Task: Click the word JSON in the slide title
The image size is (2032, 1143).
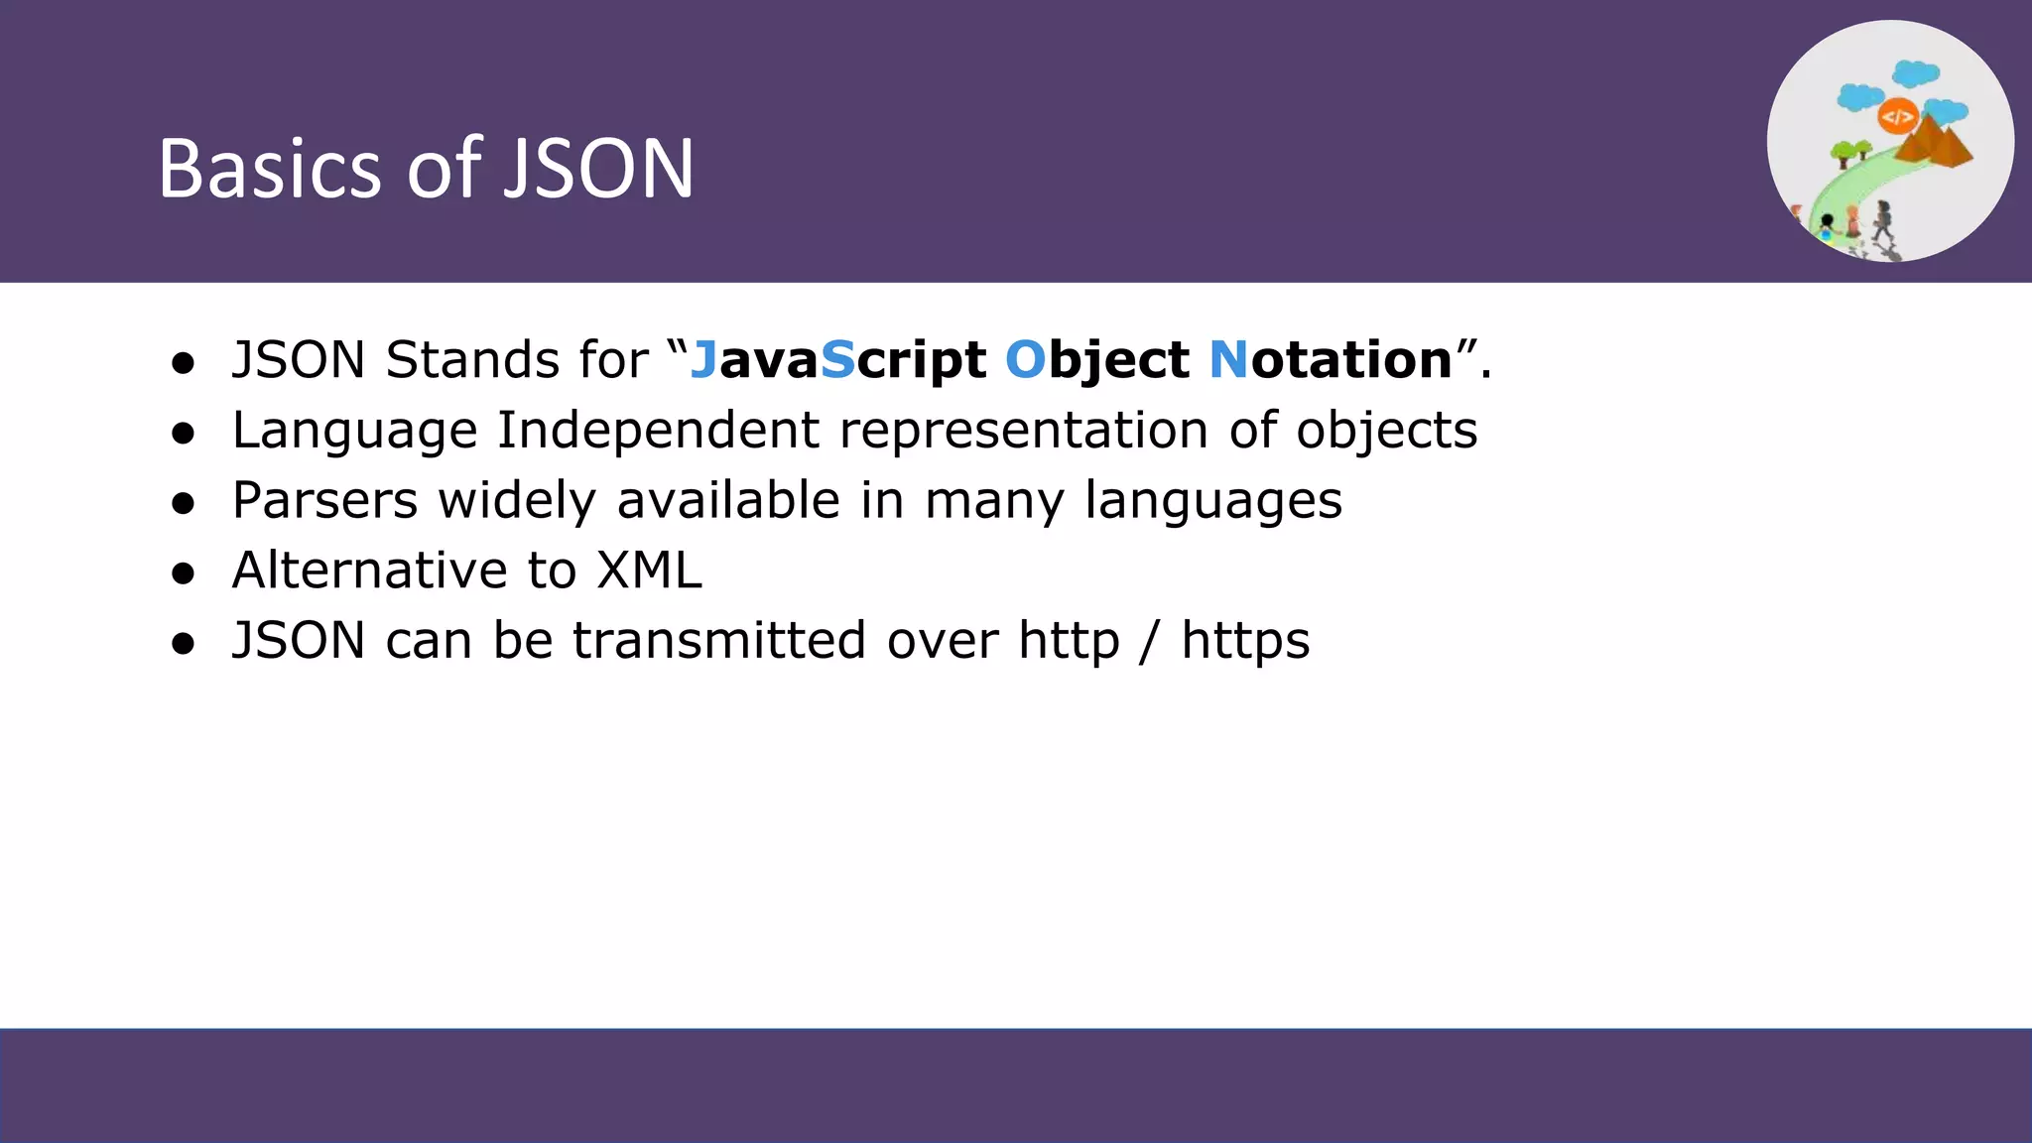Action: (x=599, y=169)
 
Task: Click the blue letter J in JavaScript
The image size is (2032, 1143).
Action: (x=703, y=360)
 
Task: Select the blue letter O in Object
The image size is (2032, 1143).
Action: (x=1025, y=359)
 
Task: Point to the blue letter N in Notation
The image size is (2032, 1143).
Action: (x=1228, y=359)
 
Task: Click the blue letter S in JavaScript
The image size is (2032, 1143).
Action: (x=837, y=359)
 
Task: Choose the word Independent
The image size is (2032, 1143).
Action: (x=658, y=431)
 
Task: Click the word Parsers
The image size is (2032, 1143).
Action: (x=324, y=500)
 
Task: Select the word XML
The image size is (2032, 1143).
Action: (x=649, y=571)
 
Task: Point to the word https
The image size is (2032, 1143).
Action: (x=1245, y=641)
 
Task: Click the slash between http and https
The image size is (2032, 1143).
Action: (x=1149, y=641)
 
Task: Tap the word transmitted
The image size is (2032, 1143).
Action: (x=719, y=641)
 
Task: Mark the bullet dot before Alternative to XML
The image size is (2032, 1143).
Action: (x=183, y=573)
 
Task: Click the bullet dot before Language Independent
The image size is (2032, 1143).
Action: (x=183, y=434)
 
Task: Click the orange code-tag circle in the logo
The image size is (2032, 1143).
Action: (x=1897, y=117)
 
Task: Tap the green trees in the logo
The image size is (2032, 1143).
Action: (x=1849, y=152)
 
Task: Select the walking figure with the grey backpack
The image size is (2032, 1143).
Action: (x=1882, y=221)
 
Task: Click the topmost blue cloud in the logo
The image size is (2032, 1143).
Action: (x=1915, y=72)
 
